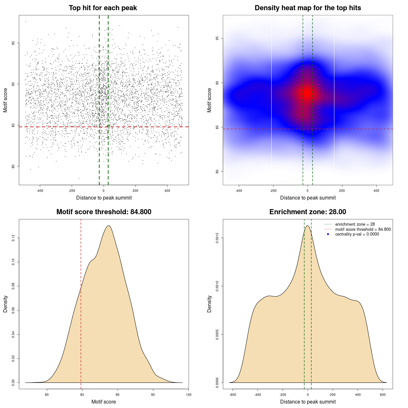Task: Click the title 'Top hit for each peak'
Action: point(103,8)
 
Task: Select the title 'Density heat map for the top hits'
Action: point(308,8)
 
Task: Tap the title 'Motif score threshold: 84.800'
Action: point(104,212)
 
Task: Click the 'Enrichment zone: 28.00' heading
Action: point(308,212)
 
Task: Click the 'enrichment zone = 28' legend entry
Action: point(355,224)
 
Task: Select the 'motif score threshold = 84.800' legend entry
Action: point(363,229)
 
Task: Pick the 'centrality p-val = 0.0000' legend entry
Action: point(357,234)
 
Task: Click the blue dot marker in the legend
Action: point(328,234)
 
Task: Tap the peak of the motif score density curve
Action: point(109,226)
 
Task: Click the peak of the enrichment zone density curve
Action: point(307,226)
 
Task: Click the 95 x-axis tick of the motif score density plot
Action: point(153,395)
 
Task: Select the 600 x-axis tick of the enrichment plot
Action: point(383,395)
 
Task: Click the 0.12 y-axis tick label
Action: point(13,238)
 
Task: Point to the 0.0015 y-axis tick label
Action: point(217,238)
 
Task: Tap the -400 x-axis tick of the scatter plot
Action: point(40,191)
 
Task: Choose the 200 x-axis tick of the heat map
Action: point(342,191)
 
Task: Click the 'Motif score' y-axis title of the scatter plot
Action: point(5,100)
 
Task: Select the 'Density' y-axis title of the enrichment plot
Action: point(209,304)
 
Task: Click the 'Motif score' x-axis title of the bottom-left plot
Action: point(104,402)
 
